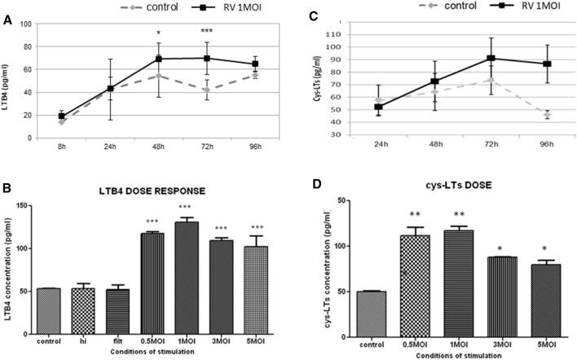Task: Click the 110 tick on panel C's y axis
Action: pyautogui.click(x=332, y=34)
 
